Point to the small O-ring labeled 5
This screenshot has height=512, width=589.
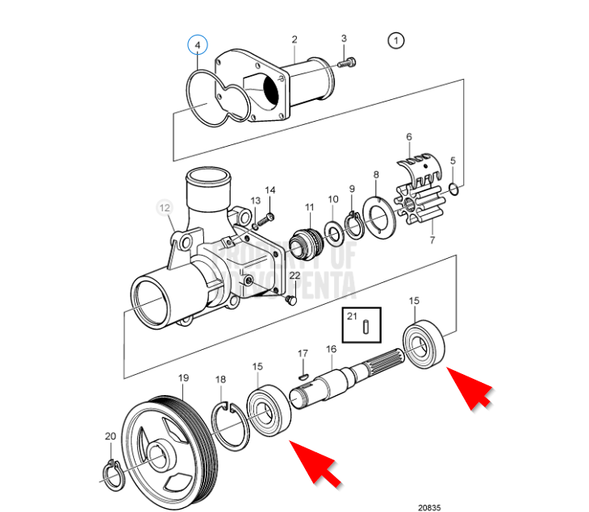pos(453,190)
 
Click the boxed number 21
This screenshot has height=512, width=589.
pos(352,316)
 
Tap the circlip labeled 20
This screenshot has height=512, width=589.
pos(112,472)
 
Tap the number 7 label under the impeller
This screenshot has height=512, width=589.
pos(432,240)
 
